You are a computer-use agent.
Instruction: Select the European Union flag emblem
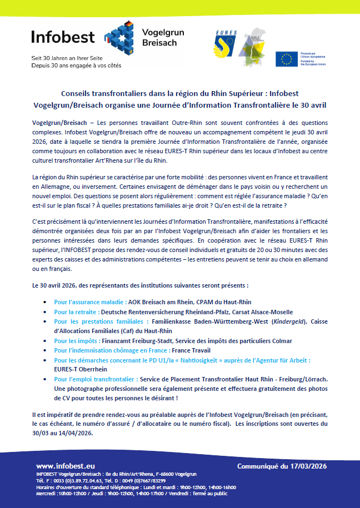point(287,59)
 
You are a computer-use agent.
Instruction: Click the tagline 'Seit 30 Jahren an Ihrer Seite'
point(67,58)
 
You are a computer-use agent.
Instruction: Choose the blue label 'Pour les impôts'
point(77,340)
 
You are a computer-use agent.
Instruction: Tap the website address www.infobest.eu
point(66,466)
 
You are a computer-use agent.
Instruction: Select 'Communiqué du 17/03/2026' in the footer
point(281,466)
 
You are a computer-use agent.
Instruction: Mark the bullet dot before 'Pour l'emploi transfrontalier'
point(45,379)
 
